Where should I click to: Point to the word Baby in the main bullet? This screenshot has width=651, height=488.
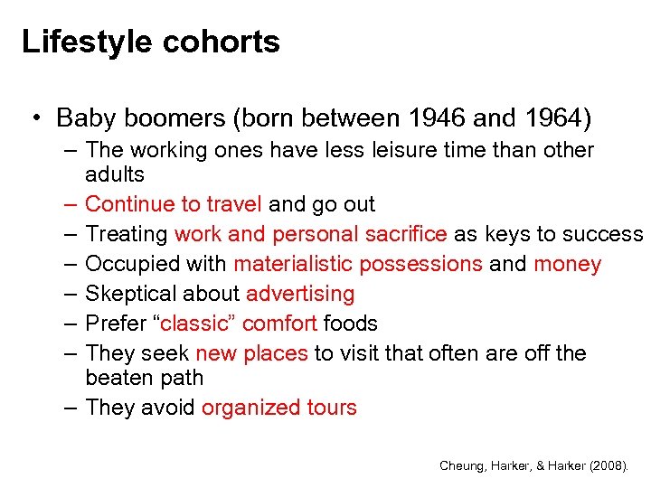pyautogui.click(x=80, y=118)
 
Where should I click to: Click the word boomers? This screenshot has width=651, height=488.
pyautogui.click(x=161, y=118)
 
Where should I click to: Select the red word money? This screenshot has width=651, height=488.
pyautogui.click(x=568, y=264)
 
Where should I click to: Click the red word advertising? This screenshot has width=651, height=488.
pyautogui.click(x=300, y=294)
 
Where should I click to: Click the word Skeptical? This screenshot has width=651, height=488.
pyautogui.click(x=124, y=294)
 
